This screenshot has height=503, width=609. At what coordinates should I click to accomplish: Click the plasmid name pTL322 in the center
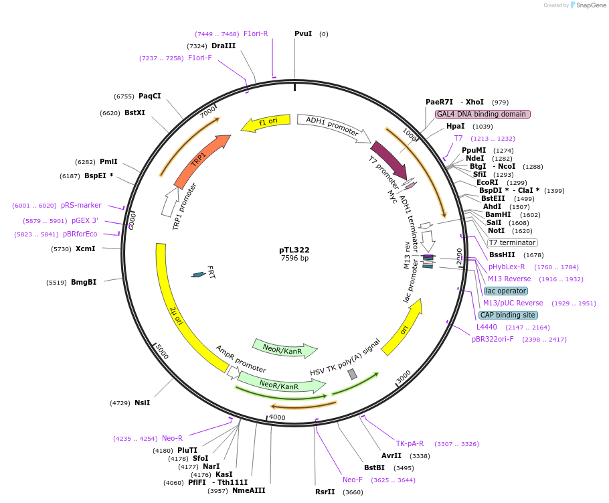(x=294, y=250)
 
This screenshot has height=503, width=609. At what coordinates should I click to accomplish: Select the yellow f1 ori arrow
(x=266, y=123)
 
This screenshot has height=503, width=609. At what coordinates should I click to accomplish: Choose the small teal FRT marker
(x=198, y=274)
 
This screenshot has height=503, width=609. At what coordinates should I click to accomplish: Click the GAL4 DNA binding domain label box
(x=483, y=114)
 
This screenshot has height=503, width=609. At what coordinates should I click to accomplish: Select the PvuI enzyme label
(x=303, y=33)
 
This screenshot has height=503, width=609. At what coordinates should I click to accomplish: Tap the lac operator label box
(x=506, y=291)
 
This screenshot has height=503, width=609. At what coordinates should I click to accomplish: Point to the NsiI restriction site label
(x=142, y=403)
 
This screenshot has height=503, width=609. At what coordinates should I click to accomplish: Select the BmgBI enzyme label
(x=84, y=282)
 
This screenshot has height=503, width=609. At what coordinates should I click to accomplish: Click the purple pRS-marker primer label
(x=81, y=206)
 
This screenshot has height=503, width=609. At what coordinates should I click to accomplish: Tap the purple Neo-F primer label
(x=353, y=480)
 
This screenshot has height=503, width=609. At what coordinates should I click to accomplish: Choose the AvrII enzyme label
(x=391, y=455)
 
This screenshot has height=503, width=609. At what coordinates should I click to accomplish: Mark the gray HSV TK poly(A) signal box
(x=353, y=374)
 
